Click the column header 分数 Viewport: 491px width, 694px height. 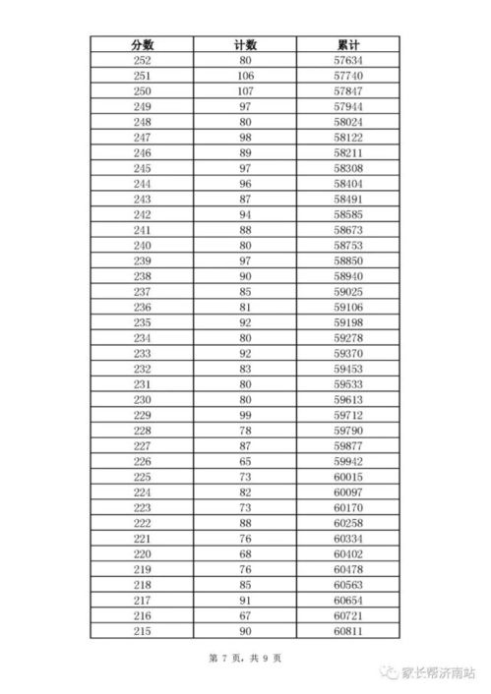pos(142,44)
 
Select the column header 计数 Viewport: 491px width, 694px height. pos(246,44)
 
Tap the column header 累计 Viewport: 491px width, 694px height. pos(349,44)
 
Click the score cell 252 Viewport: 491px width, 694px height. pos(142,61)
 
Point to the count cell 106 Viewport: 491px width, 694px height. pos(246,76)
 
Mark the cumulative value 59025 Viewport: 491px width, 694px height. pos(349,291)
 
